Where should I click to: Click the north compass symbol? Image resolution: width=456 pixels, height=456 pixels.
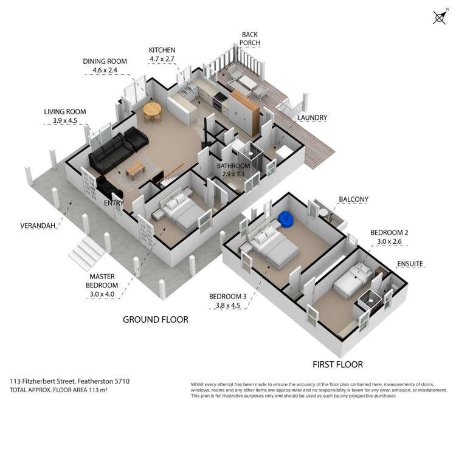[440, 18]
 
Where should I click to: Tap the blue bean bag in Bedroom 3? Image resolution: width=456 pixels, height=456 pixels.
[285, 218]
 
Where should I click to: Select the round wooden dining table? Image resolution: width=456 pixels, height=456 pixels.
[152, 110]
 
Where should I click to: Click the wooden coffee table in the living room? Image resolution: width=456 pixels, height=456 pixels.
[136, 170]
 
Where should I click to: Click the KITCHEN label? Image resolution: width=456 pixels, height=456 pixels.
[162, 50]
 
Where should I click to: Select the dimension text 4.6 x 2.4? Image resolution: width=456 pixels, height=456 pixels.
[105, 70]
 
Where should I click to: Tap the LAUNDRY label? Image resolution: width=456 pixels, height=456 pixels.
[312, 118]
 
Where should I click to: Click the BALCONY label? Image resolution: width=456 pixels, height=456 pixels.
[353, 199]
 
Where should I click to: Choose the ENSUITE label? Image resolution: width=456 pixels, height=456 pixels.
[410, 264]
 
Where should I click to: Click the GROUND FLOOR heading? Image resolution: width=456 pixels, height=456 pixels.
[156, 320]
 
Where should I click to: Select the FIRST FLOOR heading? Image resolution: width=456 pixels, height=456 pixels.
[337, 364]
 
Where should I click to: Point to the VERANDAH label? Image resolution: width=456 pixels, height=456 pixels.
[38, 226]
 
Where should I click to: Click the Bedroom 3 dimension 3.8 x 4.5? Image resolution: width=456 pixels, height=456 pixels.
[228, 305]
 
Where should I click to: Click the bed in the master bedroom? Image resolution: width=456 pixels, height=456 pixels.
[181, 212]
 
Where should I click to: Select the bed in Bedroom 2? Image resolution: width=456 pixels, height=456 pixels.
[353, 280]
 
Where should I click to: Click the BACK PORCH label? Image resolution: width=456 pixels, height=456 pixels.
[249, 39]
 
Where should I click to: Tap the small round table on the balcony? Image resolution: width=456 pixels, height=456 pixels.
[323, 213]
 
